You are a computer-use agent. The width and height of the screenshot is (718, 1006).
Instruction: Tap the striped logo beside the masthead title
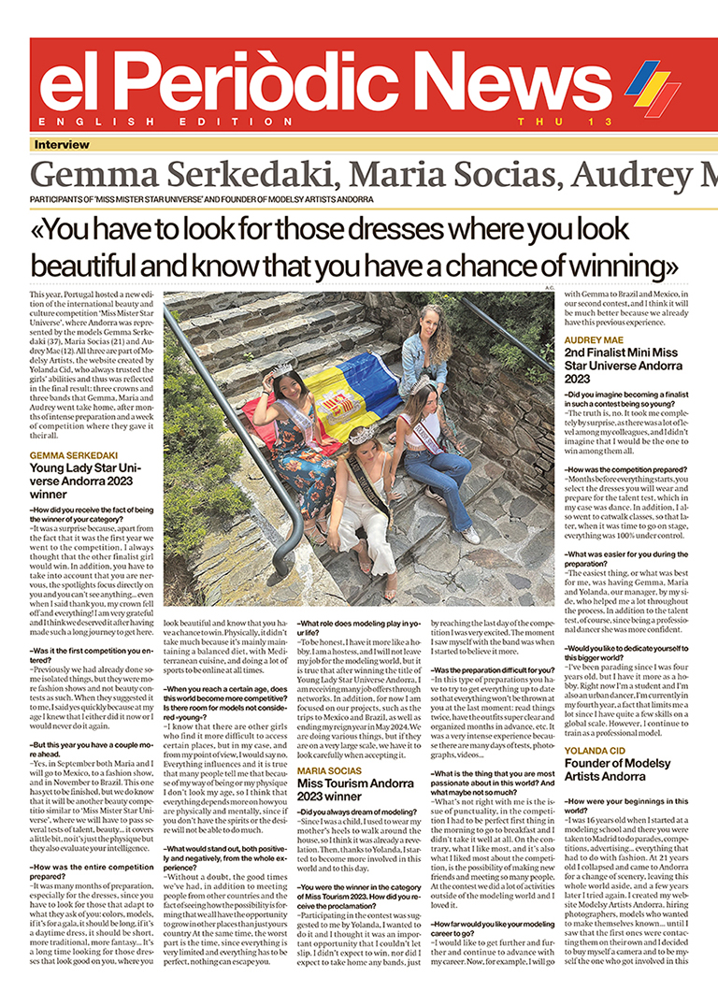[x=652, y=86]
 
